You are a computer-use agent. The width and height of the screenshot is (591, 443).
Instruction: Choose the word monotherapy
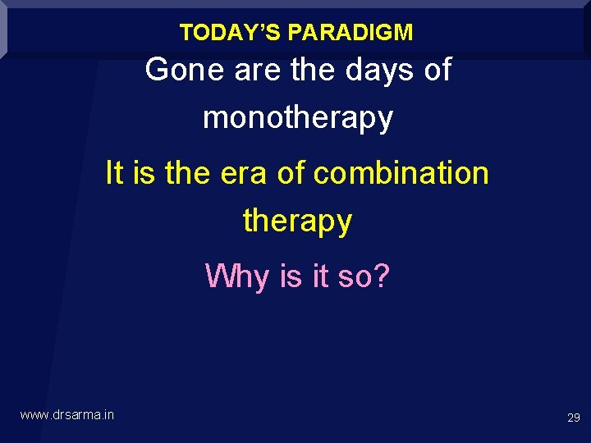298,118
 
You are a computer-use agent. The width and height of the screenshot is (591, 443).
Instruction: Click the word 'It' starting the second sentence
114,173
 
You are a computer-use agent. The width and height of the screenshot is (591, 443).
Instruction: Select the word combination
401,173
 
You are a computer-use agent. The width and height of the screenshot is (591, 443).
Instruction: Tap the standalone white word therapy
298,221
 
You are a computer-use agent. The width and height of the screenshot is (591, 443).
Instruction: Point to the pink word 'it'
320,276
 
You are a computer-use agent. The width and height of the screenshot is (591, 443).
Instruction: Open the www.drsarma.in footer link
67,415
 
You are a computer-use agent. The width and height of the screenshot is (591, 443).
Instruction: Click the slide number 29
574,418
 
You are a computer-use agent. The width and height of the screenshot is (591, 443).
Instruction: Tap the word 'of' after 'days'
436,71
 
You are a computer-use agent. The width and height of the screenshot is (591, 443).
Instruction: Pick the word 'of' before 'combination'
291,173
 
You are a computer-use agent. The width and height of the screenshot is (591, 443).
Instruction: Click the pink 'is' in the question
291,276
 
